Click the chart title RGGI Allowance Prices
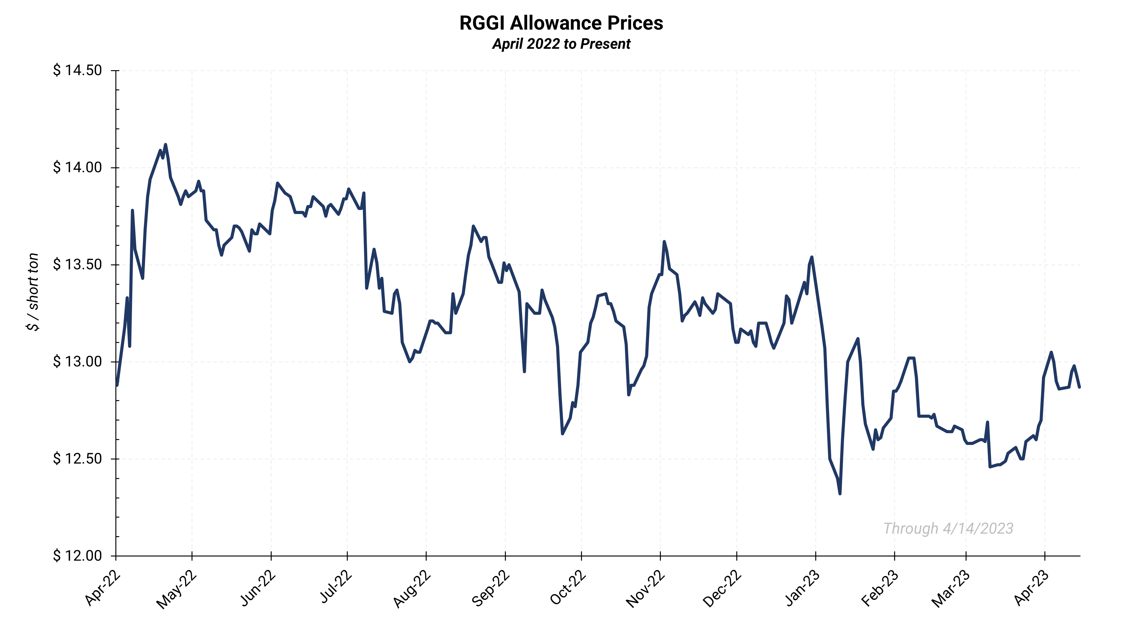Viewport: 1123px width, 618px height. (x=561, y=23)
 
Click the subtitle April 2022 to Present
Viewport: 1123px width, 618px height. (x=561, y=44)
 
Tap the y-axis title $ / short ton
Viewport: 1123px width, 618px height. (x=33, y=292)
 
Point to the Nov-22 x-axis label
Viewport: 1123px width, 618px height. (x=646, y=589)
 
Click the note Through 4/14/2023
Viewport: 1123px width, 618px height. (x=948, y=528)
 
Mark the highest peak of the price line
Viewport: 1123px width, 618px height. (x=165, y=145)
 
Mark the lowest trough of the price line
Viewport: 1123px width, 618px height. (x=840, y=493)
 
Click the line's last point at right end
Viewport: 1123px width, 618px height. (x=1079, y=387)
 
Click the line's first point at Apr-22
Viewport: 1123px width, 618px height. (x=117, y=385)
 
